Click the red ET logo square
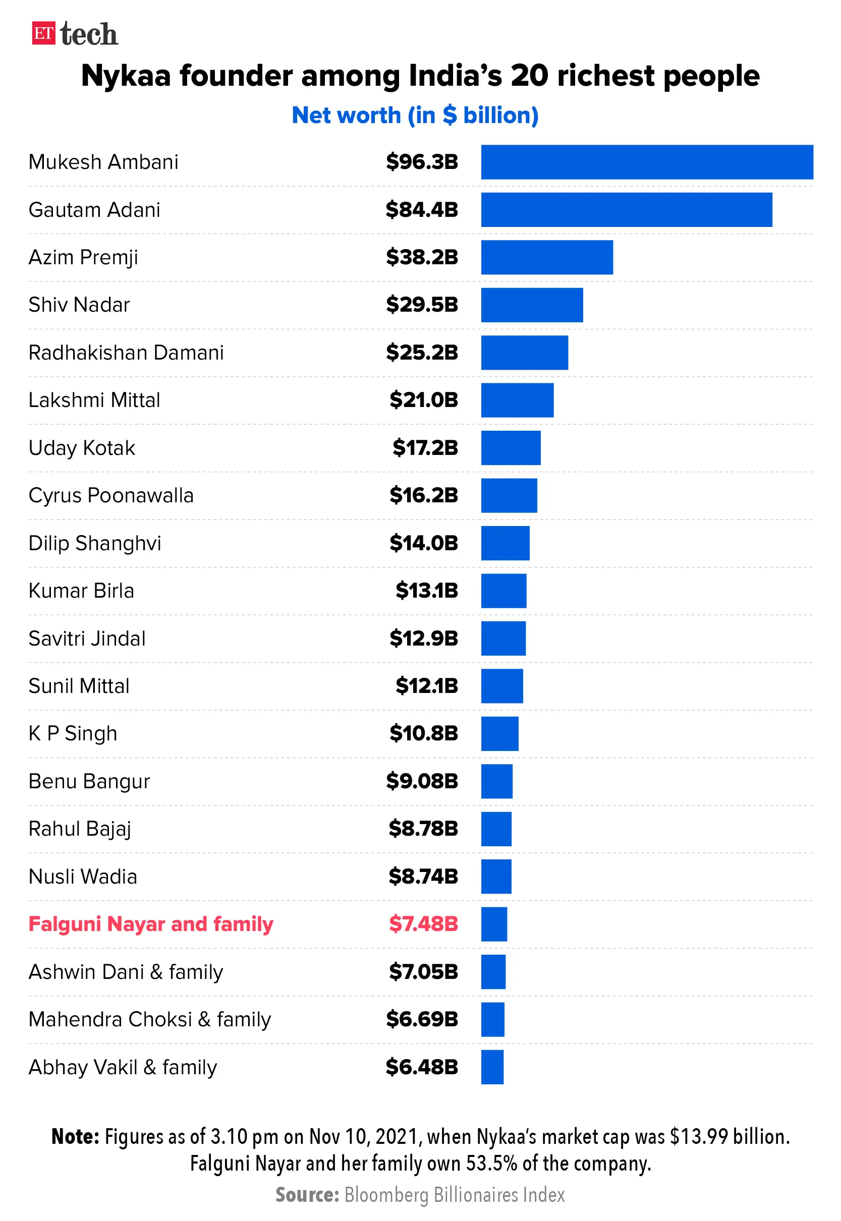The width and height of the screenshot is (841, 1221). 43,33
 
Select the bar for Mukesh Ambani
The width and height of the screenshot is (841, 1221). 647,162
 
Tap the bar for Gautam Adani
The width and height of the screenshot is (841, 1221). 626,210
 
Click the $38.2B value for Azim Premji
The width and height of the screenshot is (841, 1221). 422,257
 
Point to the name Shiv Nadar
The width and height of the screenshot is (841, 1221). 79,305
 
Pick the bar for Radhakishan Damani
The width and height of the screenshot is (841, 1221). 524,353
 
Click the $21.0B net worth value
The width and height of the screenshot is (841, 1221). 423,400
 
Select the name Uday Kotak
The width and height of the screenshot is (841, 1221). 82,448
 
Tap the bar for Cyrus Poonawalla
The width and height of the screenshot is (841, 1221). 509,495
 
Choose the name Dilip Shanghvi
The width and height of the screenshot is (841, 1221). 95,543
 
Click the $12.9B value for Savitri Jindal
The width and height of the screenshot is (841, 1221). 423,638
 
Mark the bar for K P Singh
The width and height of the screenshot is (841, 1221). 499,733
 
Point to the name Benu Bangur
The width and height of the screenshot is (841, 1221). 89,781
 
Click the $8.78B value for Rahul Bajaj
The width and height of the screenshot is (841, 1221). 423,829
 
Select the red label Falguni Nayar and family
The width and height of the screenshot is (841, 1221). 151,924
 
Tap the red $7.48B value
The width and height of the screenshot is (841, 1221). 423,924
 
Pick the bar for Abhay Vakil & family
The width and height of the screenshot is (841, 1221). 492,1067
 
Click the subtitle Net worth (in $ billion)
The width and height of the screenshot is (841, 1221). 415,115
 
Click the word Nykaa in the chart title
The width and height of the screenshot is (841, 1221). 126,75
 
